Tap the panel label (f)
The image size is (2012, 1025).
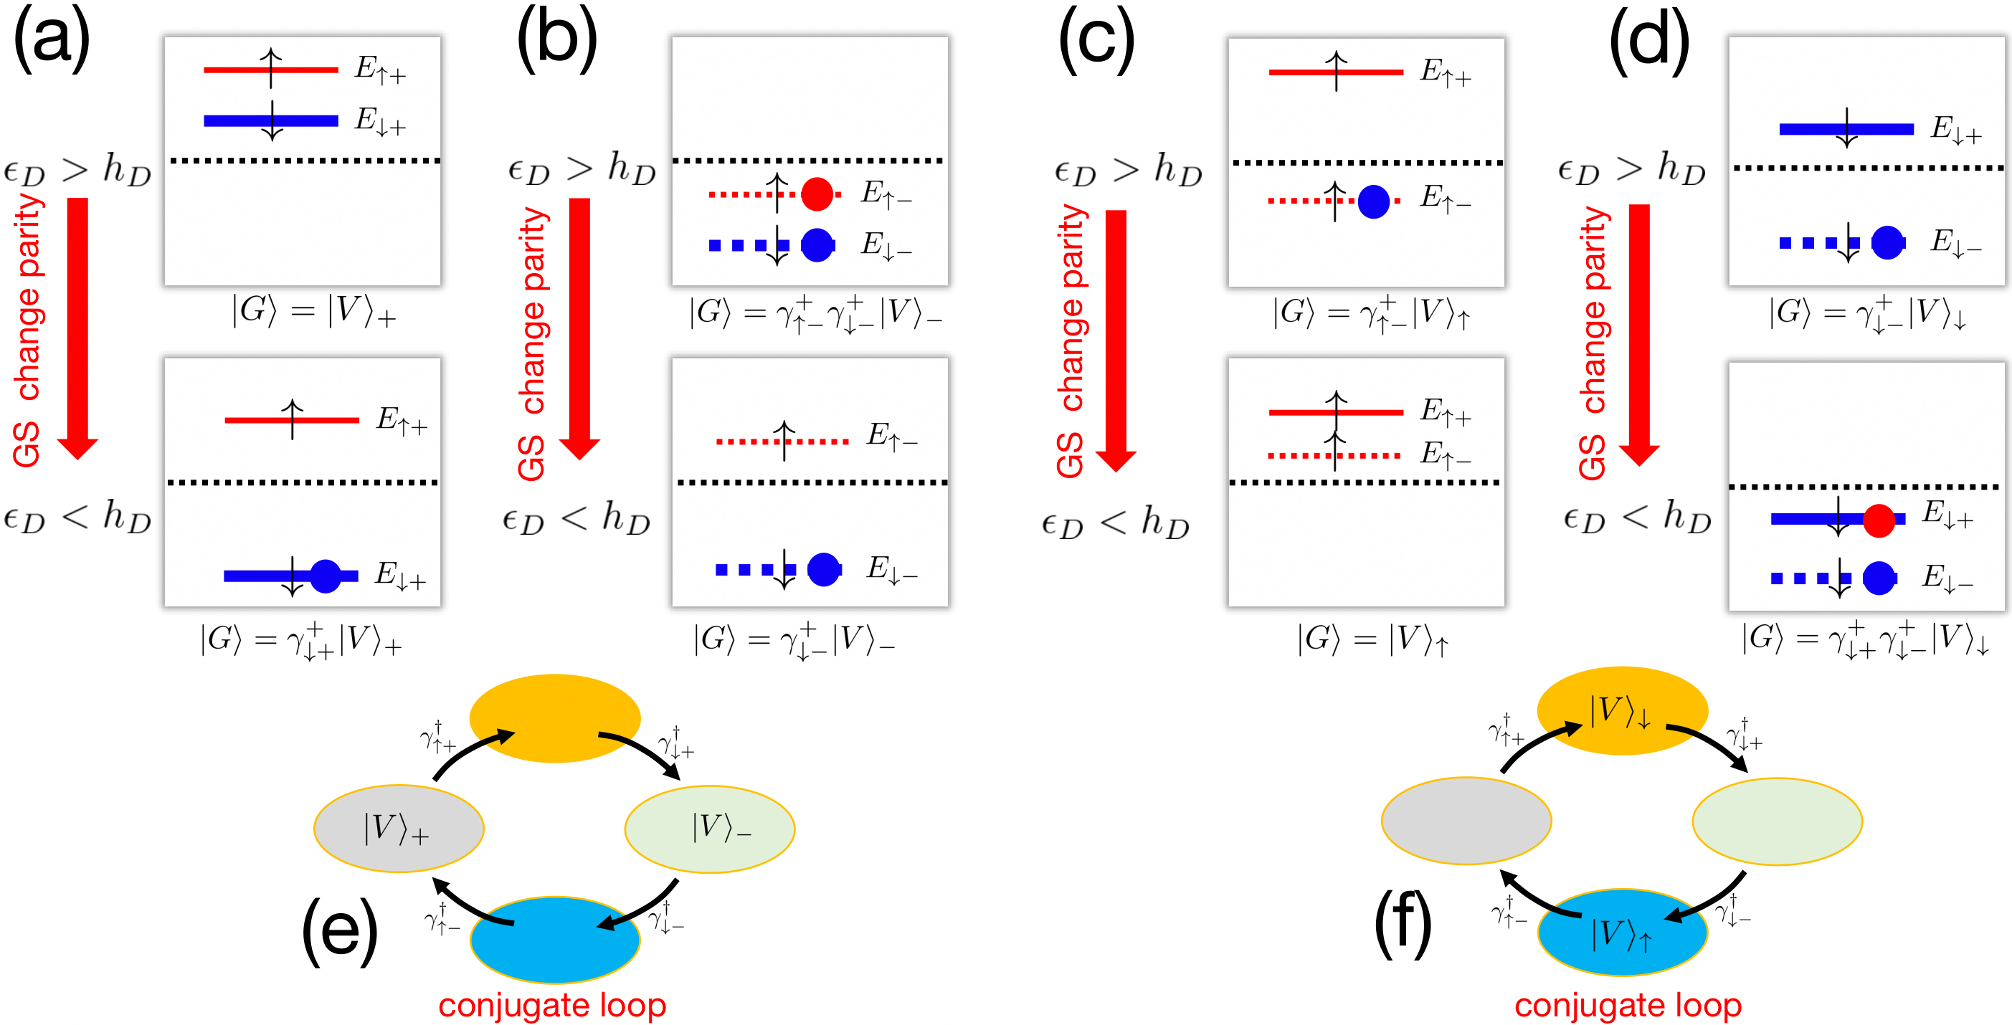[1402, 925]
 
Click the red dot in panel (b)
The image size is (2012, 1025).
[817, 194]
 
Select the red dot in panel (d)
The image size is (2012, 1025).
[1879, 520]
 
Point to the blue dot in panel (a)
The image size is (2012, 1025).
[325, 576]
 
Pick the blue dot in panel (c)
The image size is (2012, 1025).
[1373, 201]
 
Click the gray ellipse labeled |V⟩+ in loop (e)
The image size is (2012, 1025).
[399, 829]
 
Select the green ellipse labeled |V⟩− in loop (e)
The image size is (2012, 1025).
[709, 829]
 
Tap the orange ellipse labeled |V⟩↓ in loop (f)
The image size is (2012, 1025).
[1622, 711]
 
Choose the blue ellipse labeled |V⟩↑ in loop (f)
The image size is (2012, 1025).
[1622, 933]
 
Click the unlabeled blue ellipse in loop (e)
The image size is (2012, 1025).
[554, 940]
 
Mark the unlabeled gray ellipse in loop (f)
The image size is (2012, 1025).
[1466, 821]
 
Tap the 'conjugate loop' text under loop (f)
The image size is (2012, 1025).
[1628, 1006]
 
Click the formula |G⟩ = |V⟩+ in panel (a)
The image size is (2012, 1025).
[313, 312]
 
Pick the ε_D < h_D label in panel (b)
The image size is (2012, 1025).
[576, 518]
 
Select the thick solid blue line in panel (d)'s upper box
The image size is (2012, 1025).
[1846, 129]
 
